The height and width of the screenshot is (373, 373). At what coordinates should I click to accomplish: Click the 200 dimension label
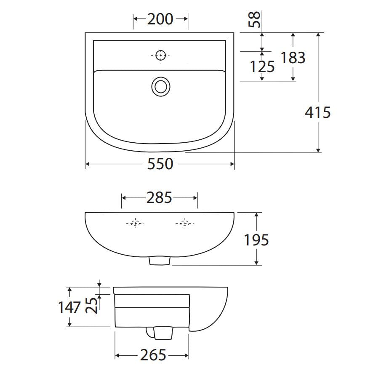[160, 19]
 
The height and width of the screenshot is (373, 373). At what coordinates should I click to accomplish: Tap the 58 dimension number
[254, 19]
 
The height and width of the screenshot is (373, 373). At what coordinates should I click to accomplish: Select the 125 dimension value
[262, 67]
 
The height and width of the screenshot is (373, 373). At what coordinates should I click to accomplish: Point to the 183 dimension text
[293, 58]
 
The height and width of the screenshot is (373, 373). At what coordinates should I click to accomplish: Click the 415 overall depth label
[318, 112]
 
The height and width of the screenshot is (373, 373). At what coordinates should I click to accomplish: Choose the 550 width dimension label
[160, 164]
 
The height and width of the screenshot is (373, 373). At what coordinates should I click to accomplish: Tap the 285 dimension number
[159, 198]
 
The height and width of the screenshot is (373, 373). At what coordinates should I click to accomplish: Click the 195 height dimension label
[257, 240]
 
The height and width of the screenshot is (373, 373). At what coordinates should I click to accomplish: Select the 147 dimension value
[69, 307]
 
